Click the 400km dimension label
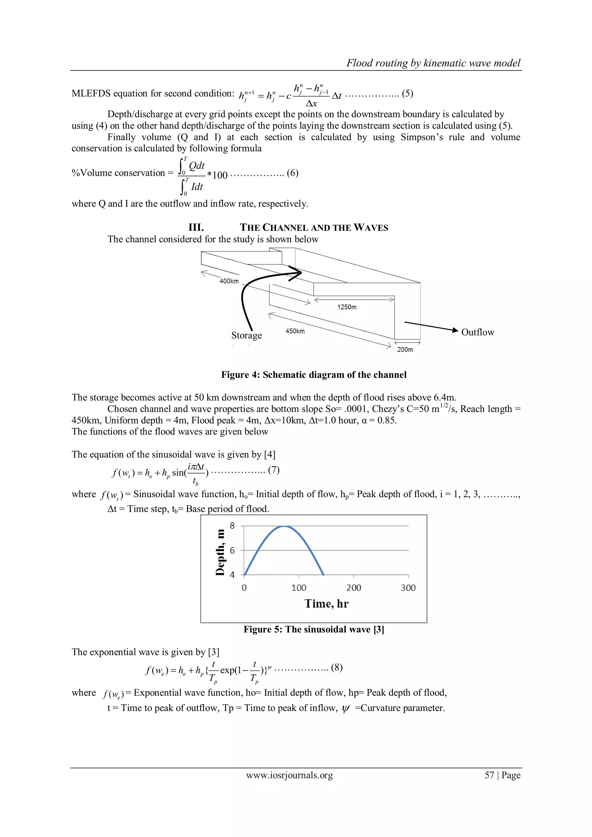click(229, 281)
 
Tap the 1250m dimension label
click(347, 307)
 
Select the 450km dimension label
click(295, 331)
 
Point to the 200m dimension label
click(405, 350)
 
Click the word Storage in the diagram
click(246, 335)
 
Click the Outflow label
click(478, 332)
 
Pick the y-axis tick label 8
click(232, 526)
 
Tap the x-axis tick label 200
click(354, 588)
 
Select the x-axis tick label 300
click(408, 588)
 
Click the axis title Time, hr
click(327, 604)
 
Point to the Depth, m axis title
click(220, 552)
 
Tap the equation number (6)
click(292, 173)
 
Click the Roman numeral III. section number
click(196, 227)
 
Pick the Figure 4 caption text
click(314, 375)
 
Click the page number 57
click(489, 775)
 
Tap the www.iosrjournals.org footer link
click(289, 775)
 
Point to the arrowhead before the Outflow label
click(455, 330)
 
